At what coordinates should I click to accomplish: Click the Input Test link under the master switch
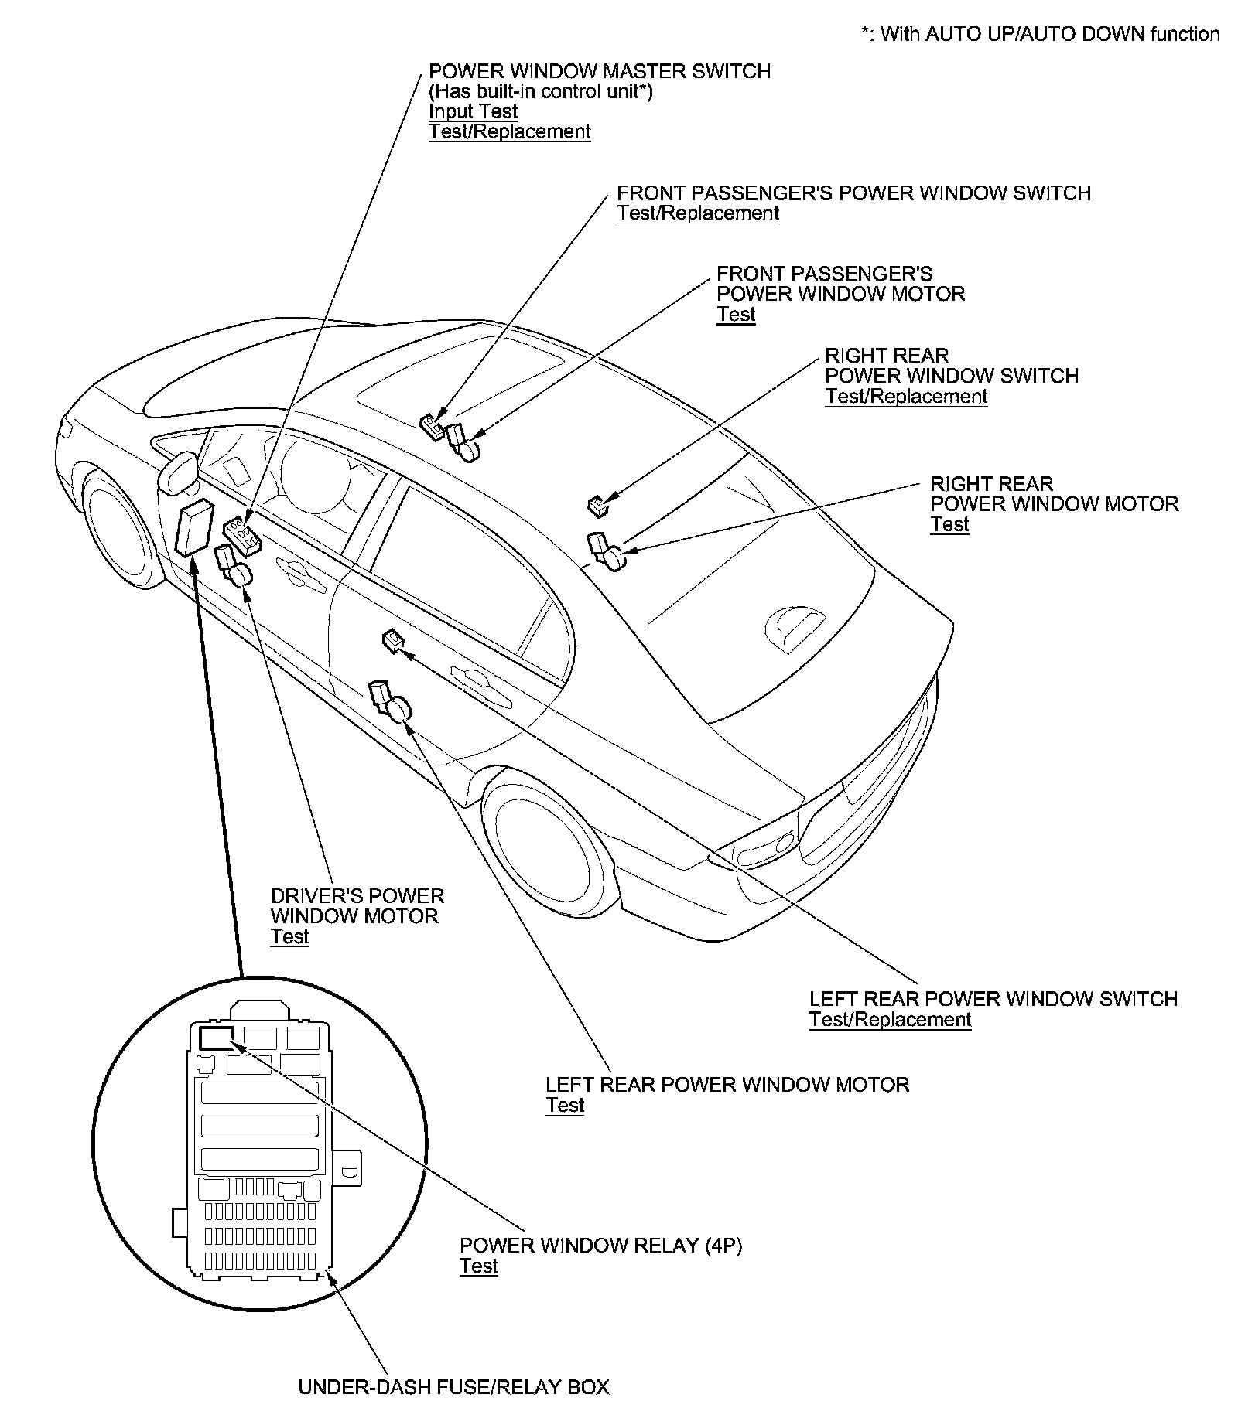tap(473, 112)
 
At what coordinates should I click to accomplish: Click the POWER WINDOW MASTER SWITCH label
tap(599, 72)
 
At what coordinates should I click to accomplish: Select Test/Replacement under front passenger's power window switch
tap(697, 213)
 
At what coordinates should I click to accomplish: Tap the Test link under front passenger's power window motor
tap(735, 315)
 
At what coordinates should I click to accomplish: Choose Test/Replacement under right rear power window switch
tap(905, 397)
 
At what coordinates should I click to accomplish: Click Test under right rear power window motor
tap(949, 525)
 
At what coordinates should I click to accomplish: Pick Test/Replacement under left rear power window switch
tap(890, 1020)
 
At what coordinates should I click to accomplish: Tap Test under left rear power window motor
tap(564, 1106)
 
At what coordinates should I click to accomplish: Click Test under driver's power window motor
tap(289, 937)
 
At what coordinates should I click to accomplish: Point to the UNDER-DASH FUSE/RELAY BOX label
tap(453, 1387)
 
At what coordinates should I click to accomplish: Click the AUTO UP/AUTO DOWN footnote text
tap(1041, 34)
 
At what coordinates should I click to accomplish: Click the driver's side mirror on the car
tap(180, 471)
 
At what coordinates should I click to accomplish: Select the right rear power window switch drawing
tap(597, 506)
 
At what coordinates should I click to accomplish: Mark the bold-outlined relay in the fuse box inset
tap(217, 1037)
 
